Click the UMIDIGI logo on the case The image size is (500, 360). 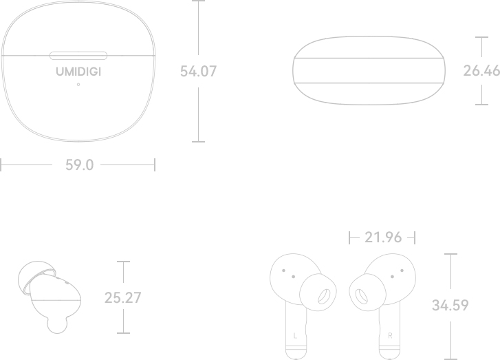point(78,72)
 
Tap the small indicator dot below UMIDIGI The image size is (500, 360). point(78,85)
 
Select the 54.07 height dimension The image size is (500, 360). point(198,71)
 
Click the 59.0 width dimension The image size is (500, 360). point(79,165)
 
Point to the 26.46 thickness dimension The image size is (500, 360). point(481,70)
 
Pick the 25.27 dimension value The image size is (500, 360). point(123,298)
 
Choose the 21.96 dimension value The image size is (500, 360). point(383,237)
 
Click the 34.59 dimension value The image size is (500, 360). point(450,306)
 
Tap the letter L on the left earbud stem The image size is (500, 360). point(295,336)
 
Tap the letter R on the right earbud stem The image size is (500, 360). point(390,336)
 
